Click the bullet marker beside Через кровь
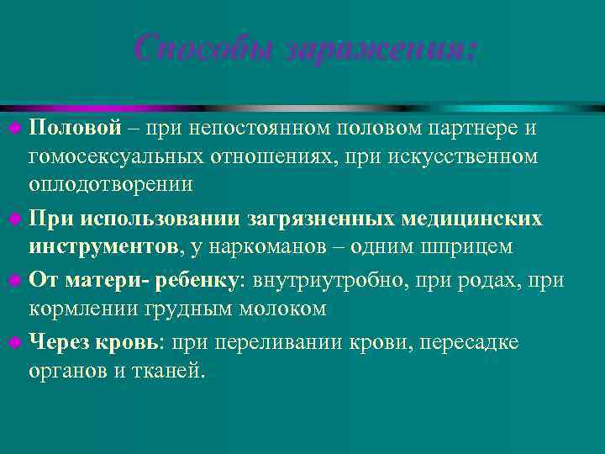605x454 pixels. click(x=18, y=343)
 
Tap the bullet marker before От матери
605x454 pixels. click(x=18, y=282)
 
